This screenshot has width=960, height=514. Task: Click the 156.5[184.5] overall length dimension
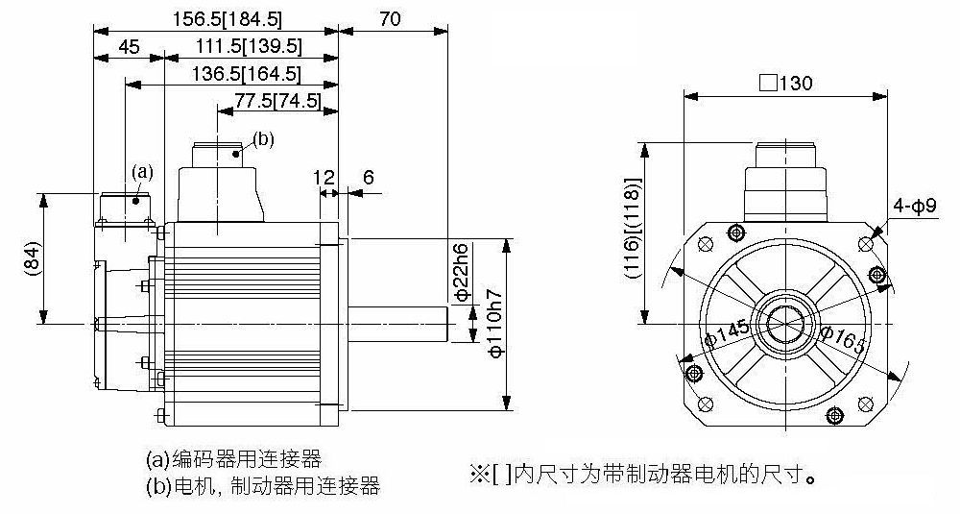pos(227,18)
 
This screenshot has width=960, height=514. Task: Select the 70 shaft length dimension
pos(390,18)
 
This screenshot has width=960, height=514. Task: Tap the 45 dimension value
pos(129,46)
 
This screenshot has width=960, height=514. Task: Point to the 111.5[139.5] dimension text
pos(250,46)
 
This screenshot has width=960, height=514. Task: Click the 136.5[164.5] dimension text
pos(247,74)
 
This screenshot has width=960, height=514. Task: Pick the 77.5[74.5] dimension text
pos(278,101)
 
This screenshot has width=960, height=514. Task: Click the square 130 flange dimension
pos(786,83)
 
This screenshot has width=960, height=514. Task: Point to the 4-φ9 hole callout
pos(915,206)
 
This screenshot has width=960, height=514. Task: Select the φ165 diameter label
pos(843,340)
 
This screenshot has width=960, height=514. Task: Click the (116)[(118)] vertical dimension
pos(633,229)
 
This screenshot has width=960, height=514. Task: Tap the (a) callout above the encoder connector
pos(142,172)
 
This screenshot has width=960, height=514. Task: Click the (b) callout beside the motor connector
pos(263,139)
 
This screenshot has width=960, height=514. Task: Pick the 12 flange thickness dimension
pos(324,178)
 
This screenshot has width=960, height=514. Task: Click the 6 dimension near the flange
pos(368,178)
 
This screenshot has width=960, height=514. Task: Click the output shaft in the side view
pos(398,323)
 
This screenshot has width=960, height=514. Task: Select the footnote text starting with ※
pos(643,475)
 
